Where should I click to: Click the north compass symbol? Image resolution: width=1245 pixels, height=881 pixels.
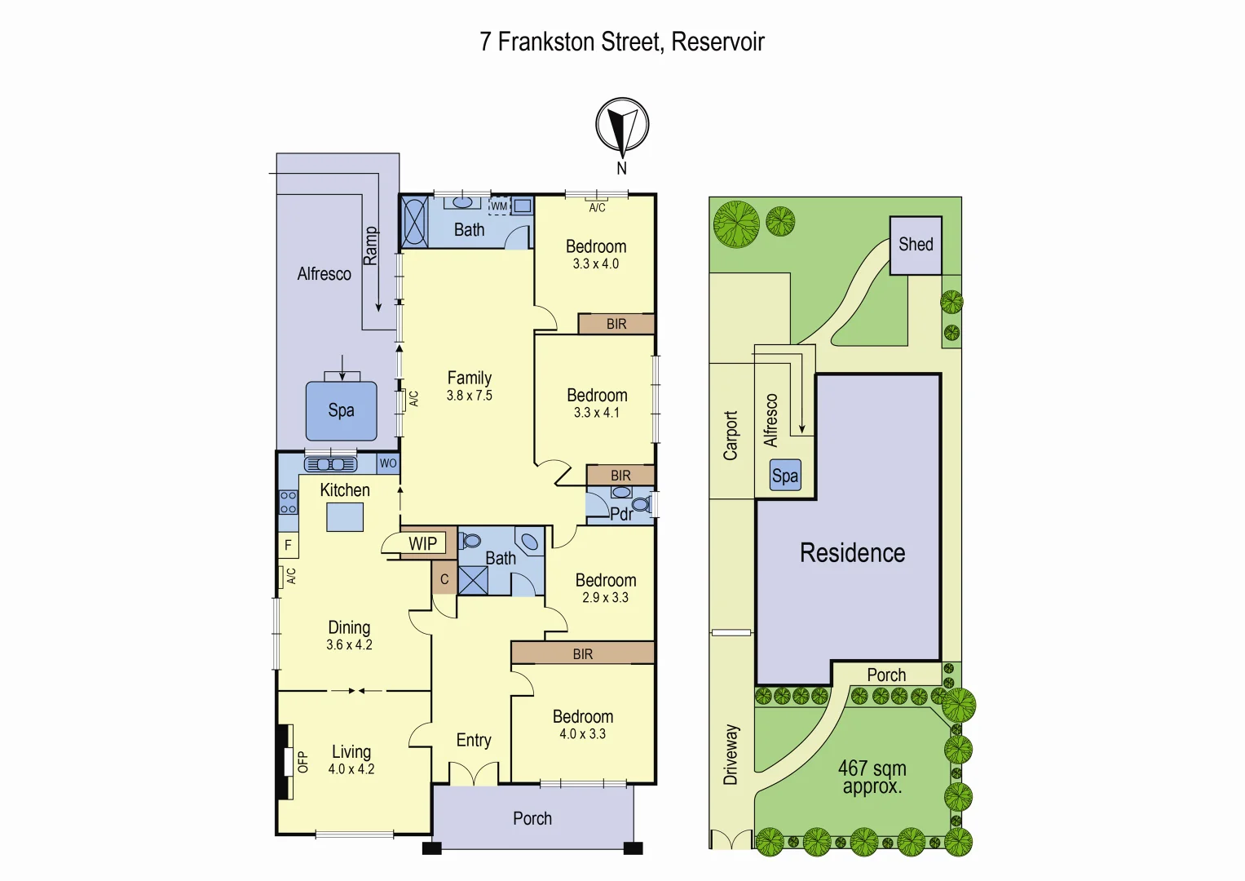click(x=622, y=126)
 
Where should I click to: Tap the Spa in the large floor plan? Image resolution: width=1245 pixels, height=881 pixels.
click(x=341, y=410)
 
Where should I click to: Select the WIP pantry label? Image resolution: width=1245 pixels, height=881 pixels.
click(x=422, y=544)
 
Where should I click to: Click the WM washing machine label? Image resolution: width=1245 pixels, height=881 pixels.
click(x=499, y=206)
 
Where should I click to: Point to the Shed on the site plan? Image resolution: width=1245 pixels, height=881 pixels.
click(x=916, y=245)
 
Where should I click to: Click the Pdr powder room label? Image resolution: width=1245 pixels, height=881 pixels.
click(x=620, y=514)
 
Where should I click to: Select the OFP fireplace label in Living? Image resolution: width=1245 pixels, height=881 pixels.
click(x=302, y=762)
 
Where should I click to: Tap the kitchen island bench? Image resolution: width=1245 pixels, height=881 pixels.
click(x=345, y=517)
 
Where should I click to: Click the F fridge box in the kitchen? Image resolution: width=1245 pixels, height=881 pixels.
click(x=288, y=545)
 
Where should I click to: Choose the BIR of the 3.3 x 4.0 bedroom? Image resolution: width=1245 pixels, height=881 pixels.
click(x=616, y=324)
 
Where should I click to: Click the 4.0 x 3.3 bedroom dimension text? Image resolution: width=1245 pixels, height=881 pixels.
click(x=582, y=734)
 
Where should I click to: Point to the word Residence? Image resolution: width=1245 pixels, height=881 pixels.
click(x=852, y=553)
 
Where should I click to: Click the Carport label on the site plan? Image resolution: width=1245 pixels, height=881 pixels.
click(x=731, y=436)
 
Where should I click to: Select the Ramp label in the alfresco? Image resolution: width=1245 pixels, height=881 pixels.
click(x=370, y=246)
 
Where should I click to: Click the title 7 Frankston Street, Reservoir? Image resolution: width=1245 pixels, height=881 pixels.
click(x=622, y=42)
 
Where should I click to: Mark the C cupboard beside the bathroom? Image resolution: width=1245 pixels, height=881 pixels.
click(x=444, y=579)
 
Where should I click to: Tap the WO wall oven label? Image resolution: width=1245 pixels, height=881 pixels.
click(x=388, y=463)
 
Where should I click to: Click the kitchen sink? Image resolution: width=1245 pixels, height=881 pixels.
click(x=330, y=464)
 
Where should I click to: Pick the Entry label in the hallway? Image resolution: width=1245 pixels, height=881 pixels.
click(x=474, y=740)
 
